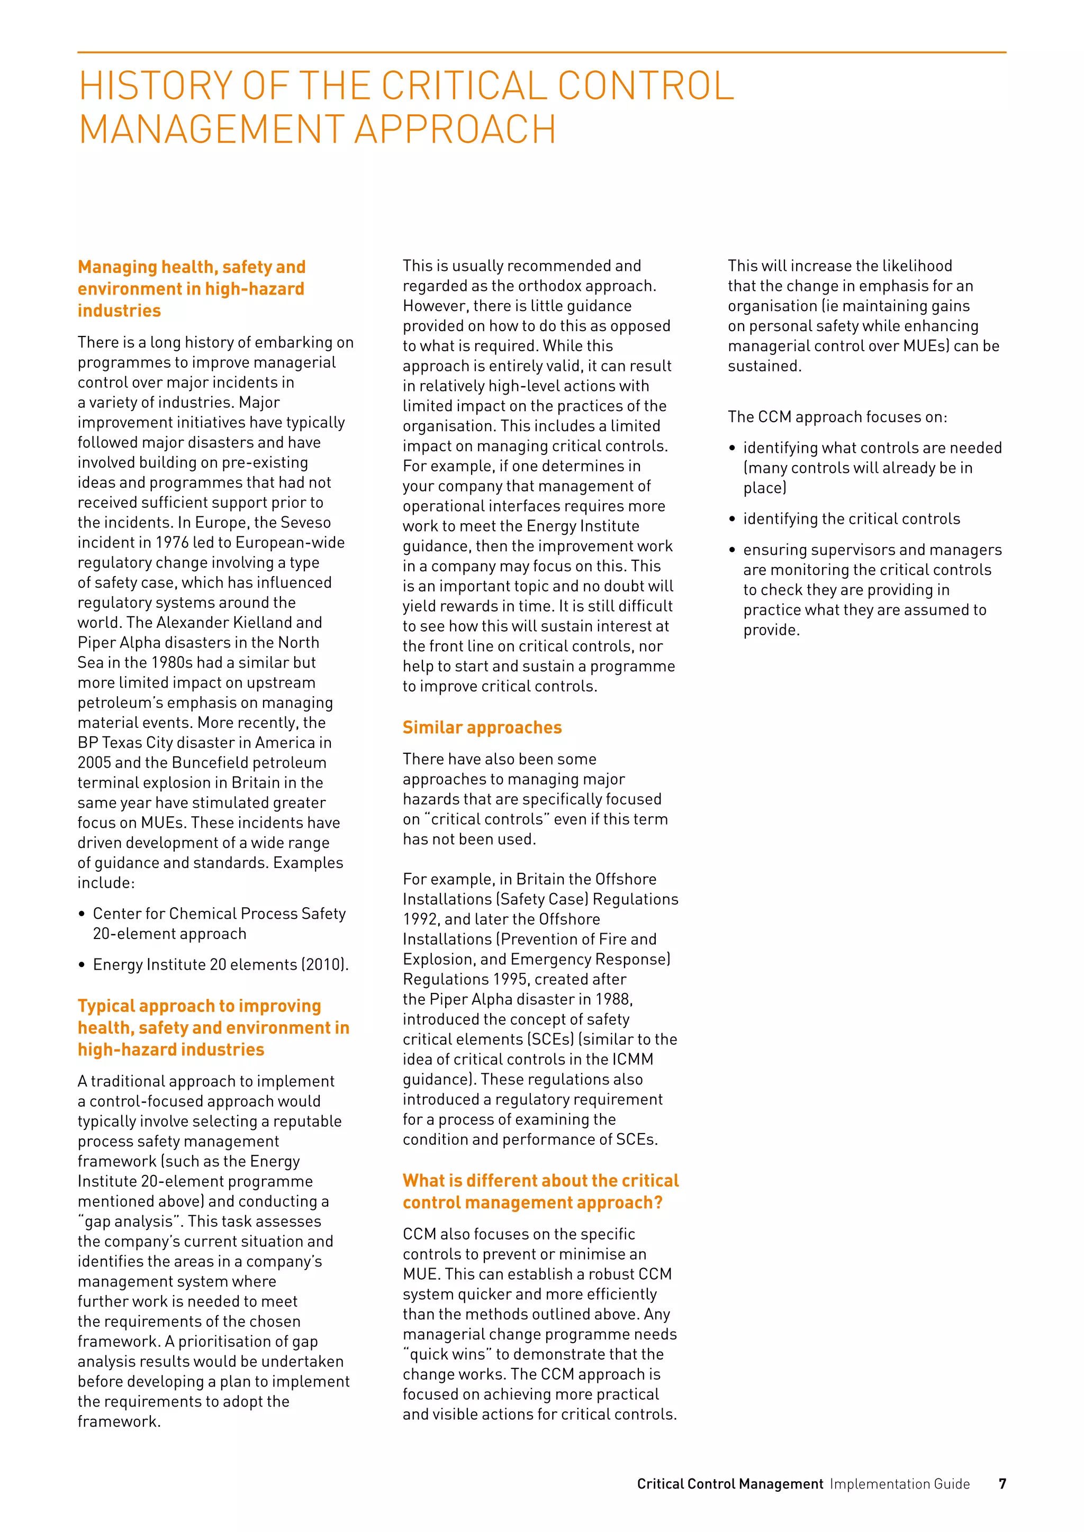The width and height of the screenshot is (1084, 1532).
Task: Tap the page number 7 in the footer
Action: (1002, 1483)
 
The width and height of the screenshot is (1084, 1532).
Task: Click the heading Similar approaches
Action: (482, 727)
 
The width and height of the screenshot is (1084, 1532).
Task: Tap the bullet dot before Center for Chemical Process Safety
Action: (82, 915)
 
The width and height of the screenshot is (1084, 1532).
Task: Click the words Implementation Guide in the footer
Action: (899, 1483)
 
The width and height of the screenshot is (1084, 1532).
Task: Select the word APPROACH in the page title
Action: (455, 130)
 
